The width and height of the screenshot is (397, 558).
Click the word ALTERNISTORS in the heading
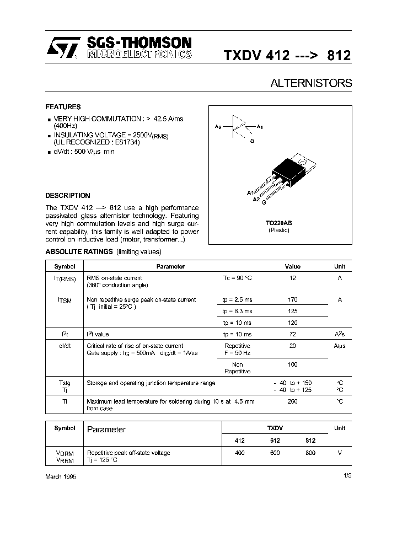click(311, 83)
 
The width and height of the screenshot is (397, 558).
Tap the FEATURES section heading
click(63, 107)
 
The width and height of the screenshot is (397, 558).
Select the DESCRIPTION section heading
click(67, 196)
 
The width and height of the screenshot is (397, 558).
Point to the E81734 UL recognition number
click(127, 142)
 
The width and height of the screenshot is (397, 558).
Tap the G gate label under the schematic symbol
click(251, 142)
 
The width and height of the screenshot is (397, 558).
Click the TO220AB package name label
click(278, 223)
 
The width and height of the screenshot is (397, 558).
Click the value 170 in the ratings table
click(292, 300)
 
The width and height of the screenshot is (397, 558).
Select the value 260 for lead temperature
click(292, 401)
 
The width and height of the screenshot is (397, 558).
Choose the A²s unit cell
click(340, 334)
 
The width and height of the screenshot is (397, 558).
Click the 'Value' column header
click(292, 266)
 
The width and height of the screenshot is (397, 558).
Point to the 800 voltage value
click(310, 453)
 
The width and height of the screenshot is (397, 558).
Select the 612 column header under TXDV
click(275, 441)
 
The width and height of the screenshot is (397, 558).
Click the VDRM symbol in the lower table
click(64, 453)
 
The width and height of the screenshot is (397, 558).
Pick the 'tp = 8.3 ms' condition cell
click(237, 312)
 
